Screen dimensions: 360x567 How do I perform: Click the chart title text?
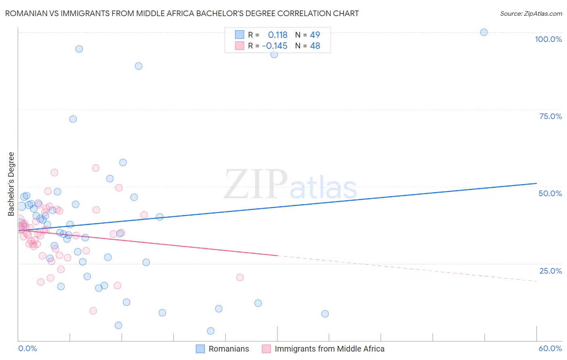pos(182,13)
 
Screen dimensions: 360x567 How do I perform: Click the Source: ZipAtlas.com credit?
pos(531,13)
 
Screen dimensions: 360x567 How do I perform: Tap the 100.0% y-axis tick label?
pos(548,39)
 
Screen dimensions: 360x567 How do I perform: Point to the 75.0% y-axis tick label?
pos(550,116)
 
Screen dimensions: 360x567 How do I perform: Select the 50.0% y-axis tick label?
pos(550,193)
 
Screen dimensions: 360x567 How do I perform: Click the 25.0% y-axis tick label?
pos(550,270)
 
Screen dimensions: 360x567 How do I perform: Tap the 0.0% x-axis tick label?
pos(27,348)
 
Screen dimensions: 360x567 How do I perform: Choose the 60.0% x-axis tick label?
pos(550,348)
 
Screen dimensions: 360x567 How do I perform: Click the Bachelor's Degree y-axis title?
pos(11,184)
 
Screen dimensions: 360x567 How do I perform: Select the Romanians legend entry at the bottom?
pos(223,349)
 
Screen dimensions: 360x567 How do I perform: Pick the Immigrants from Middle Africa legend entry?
pos(323,349)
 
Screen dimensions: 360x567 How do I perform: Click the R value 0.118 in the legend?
pos(277,35)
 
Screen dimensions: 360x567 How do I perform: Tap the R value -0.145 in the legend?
pos(275,46)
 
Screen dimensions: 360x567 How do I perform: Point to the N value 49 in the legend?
pos(315,35)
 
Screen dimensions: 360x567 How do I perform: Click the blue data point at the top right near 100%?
pos(484,32)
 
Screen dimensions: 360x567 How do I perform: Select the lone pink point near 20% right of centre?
pos(240,277)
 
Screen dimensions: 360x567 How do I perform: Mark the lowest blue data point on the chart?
pos(211,331)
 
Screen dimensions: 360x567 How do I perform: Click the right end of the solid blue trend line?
pos(536,183)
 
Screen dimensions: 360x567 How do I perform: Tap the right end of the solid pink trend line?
pos(277,255)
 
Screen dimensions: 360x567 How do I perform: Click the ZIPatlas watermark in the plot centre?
pos(290,185)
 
